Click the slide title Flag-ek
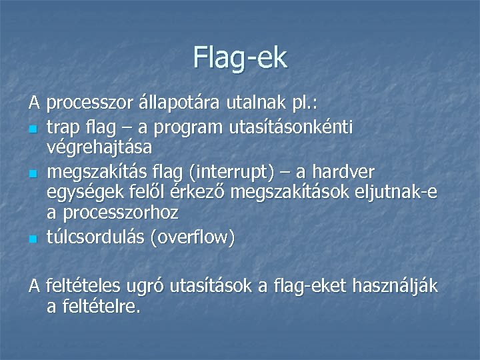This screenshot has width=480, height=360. tap(240, 57)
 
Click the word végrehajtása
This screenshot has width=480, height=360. tap(99, 146)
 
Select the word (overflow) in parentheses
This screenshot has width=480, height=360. tap(192, 237)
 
